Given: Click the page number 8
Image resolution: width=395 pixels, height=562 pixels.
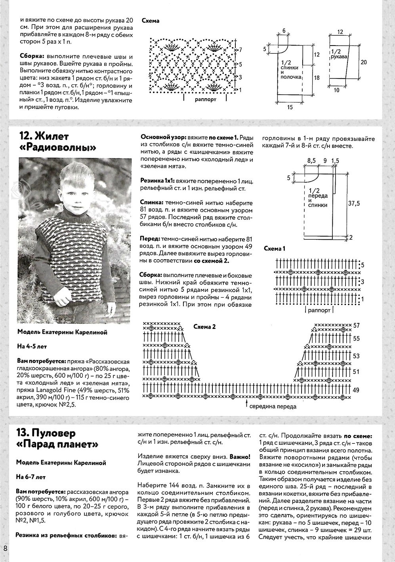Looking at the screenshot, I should tap(5, 549).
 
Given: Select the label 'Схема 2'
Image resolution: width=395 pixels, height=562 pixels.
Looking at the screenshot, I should tap(204, 327).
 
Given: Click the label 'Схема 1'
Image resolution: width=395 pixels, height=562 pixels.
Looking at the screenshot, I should tap(275, 249).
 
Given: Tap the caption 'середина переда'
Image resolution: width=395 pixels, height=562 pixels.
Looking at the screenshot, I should tap(273, 406).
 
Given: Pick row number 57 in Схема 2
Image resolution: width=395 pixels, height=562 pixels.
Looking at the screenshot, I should tap(356, 325).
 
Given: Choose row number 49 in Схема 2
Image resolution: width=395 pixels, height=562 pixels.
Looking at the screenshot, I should tap(356, 390).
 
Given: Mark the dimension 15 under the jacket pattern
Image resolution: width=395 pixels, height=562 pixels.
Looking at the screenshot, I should tap(290, 107).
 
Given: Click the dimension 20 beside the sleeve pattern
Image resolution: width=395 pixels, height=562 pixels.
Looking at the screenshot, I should tap(364, 62).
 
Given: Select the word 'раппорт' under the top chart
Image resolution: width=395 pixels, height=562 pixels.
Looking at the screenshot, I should tap(206, 99).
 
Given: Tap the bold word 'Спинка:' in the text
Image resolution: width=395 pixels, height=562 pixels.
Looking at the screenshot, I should tap(153, 201).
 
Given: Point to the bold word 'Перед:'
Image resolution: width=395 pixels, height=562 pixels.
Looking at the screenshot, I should tap(151, 239).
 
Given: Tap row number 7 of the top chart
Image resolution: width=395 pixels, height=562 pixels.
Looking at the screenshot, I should tap(240, 50).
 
